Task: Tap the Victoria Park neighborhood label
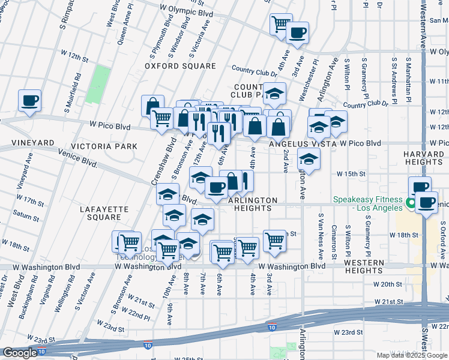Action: [x=104, y=146]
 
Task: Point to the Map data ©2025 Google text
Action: [x=412, y=355]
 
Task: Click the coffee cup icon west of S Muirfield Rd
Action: [x=29, y=100]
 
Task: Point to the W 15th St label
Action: [x=351, y=174]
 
